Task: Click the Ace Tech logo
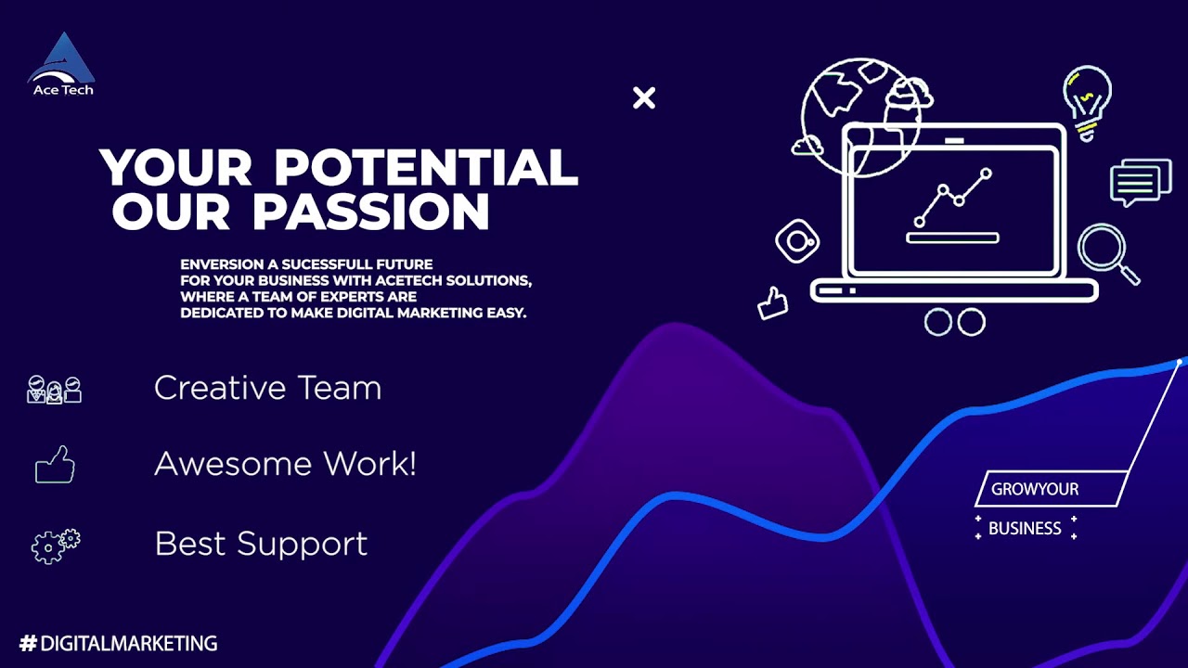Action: (x=62, y=65)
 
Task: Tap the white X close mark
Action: (x=644, y=98)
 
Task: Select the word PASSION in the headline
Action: (x=371, y=212)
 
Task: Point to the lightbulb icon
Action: (x=1087, y=100)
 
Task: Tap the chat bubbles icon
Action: (x=1140, y=182)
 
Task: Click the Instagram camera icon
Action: (x=796, y=242)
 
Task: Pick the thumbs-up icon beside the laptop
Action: (x=772, y=302)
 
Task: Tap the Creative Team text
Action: (x=267, y=388)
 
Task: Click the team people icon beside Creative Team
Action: (x=54, y=390)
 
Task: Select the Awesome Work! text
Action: (x=285, y=464)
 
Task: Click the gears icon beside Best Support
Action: (x=56, y=546)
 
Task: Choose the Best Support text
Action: (x=261, y=544)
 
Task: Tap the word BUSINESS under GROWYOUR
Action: (x=1025, y=529)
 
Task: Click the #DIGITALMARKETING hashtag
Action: (x=118, y=643)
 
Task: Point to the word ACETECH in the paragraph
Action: (x=397, y=280)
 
